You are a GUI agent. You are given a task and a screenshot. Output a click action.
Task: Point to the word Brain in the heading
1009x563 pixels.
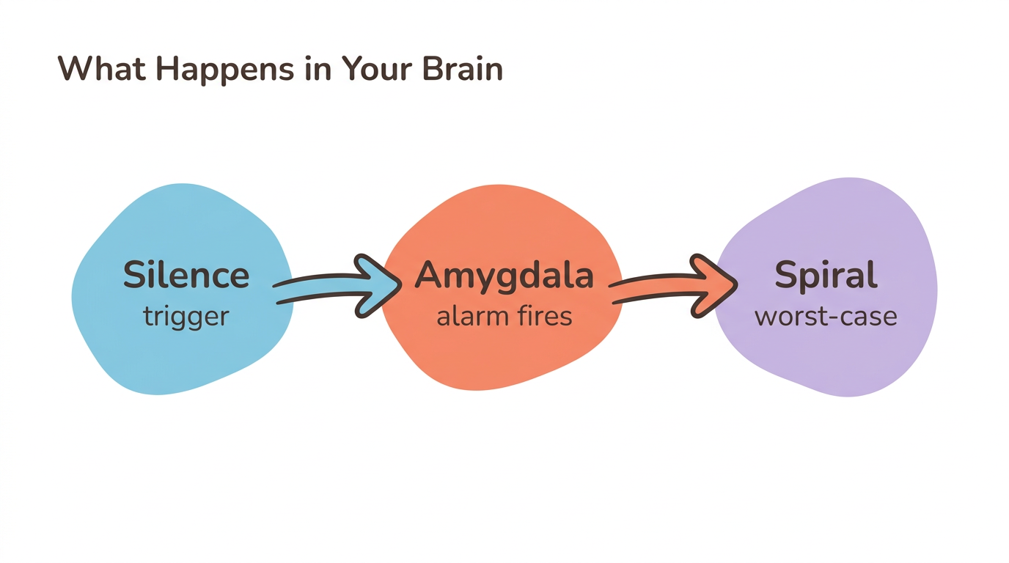click(x=463, y=69)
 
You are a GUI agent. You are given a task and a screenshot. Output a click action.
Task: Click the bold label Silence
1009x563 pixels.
click(x=186, y=276)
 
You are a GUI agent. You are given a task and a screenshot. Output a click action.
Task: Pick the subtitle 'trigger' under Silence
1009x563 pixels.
click(x=186, y=317)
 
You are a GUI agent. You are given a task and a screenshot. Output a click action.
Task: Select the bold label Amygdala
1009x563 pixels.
click(x=504, y=276)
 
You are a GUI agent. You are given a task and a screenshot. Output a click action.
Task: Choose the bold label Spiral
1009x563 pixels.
click(x=826, y=276)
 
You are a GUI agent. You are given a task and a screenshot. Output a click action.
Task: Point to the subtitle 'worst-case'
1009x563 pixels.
click(x=826, y=317)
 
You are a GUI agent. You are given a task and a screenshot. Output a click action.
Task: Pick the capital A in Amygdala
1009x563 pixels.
click(x=429, y=276)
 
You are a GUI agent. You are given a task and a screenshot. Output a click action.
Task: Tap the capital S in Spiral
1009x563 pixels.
click(x=787, y=276)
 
